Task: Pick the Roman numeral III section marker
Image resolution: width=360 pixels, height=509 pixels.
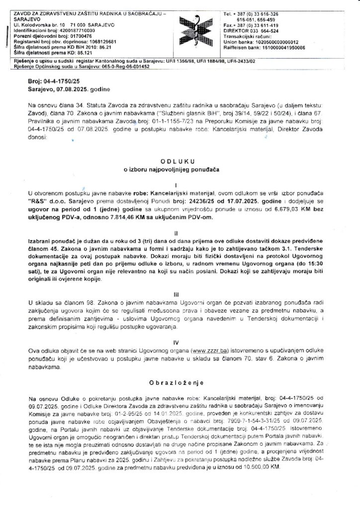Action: pos(180,294)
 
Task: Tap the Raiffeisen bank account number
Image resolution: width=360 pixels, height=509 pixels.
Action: pos(283,48)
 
